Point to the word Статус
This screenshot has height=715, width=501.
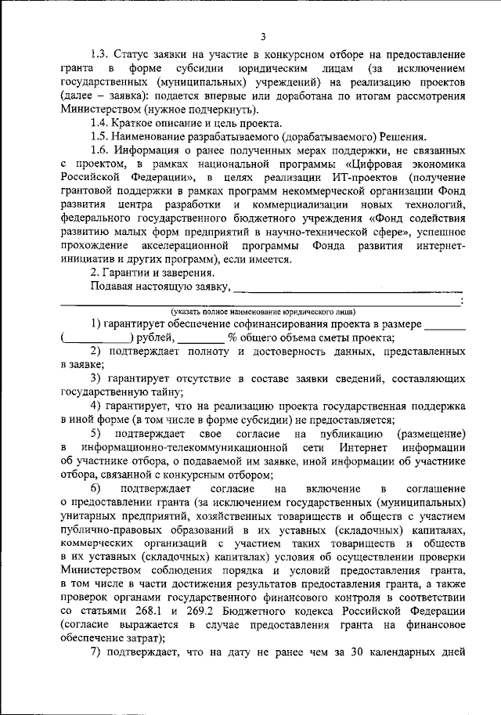click(x=134, y=55)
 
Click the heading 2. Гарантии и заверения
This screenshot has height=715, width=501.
click(x=151, y=273)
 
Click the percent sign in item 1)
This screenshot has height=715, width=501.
click(x=232, y=338)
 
